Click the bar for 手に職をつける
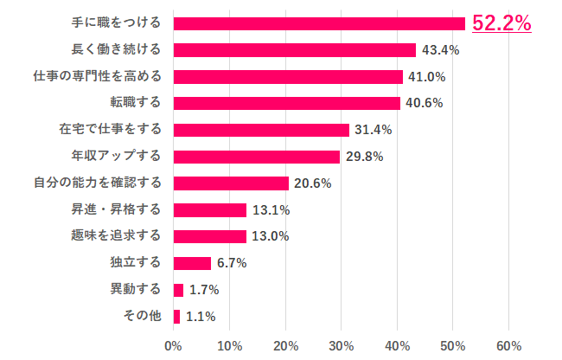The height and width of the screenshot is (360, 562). pos(319,23)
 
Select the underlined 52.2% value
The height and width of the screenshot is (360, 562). pos(501,23)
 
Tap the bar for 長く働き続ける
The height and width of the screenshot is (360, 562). pos(295,50)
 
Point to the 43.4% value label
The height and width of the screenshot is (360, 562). pos(440,50)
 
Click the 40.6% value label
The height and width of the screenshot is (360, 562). pos(425,103)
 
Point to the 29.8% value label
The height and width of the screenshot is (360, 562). pos(364,157)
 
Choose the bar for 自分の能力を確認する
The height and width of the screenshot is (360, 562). pos(231,183)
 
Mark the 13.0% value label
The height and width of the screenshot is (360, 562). pos(270,236)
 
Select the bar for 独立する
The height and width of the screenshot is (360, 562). pos(192,263)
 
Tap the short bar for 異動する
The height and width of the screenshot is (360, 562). pos(178,290)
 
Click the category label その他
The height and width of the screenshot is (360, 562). pos(144,316)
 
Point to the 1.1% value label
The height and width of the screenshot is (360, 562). pos(200,317)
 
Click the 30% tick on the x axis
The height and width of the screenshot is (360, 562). pos(341,346)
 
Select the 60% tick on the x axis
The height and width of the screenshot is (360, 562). pos(508,346)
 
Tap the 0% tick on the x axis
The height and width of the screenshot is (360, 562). pos(174,346)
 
